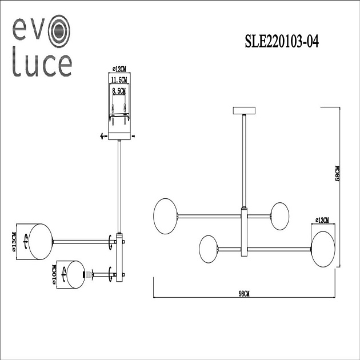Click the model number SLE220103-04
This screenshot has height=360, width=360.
coord(281,41)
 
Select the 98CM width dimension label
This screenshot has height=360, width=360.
coord(245,293)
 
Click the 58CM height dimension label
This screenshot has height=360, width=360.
coord(337,173)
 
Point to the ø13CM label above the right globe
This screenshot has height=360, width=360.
coord(322,219)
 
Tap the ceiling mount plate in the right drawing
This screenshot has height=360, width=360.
coord(245,110)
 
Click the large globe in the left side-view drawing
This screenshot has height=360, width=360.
coord(41,241)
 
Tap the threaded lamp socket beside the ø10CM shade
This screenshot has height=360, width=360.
coord(89,274)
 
